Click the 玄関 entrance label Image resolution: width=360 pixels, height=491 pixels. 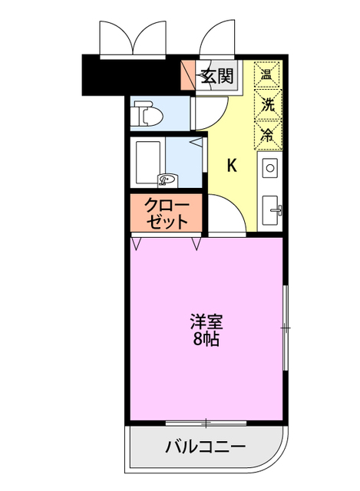218,76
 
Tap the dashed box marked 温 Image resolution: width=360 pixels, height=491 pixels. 268,75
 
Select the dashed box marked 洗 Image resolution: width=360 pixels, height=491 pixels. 268,104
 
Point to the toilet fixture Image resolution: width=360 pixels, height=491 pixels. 146,115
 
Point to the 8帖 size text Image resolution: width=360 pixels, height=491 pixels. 206,338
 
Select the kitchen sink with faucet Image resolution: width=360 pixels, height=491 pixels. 272,208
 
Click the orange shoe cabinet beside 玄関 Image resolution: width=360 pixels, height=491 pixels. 187,75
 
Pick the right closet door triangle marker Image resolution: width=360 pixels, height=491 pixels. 197,244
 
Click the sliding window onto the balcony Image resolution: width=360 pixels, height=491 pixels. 206,422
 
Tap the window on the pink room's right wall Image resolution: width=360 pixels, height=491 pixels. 285,328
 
